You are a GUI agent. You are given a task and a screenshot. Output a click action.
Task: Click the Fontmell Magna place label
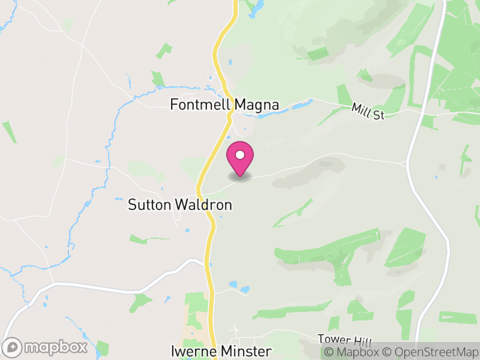[x=224, y=105]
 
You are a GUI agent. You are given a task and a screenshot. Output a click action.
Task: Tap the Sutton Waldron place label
[x=180, y=205]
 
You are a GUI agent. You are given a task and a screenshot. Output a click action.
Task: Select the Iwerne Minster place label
[x=221, y=351]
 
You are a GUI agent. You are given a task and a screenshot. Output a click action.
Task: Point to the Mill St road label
[x=368, y=111]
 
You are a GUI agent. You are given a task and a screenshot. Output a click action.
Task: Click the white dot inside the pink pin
[x=240, y=155]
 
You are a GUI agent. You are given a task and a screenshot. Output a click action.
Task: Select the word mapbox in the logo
[x=54, y=347]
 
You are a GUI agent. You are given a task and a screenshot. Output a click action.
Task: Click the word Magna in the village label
[x=256, y=105]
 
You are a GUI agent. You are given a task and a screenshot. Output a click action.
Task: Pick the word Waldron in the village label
[x=204, y=205]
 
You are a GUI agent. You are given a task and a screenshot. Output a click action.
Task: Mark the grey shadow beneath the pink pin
[x=241, y=178]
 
